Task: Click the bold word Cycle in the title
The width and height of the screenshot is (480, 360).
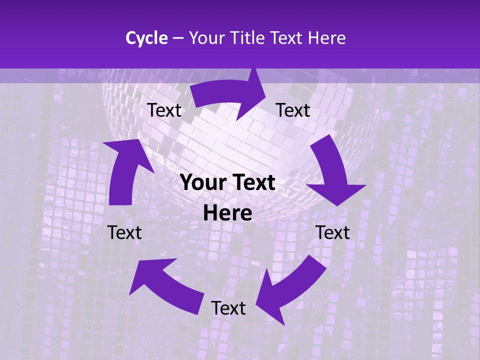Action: tap(146, 38)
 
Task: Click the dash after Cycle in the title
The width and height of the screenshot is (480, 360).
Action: tap(177, 38)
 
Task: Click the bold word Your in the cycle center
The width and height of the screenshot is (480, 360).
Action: tap(202, 183)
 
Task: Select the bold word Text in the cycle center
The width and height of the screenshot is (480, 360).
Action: tap(252, 183)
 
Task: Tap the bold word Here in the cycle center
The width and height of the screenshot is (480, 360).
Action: tap(227, 213)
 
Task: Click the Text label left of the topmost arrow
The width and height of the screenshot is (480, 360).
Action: tap(164, 110)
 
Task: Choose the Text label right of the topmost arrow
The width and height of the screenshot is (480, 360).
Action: tap(293, 110)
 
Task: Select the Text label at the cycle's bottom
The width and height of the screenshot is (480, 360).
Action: tap(228, 308)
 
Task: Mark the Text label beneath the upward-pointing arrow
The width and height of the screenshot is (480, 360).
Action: tap(124, 232)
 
